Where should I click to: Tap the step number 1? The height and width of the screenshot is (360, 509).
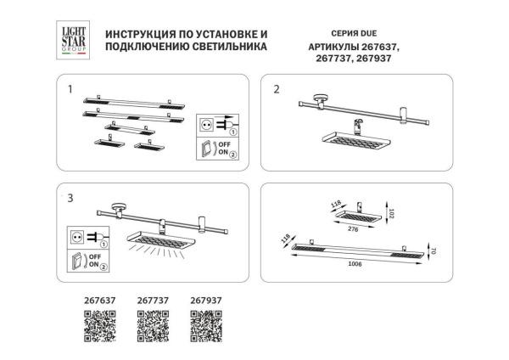coord(71,88)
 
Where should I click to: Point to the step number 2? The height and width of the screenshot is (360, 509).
coord(277,88)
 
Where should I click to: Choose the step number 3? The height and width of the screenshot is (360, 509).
coord(71,197)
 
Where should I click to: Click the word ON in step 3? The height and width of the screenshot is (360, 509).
coord(94,267)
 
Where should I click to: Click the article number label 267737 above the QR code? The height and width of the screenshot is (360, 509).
coord(153,299)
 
